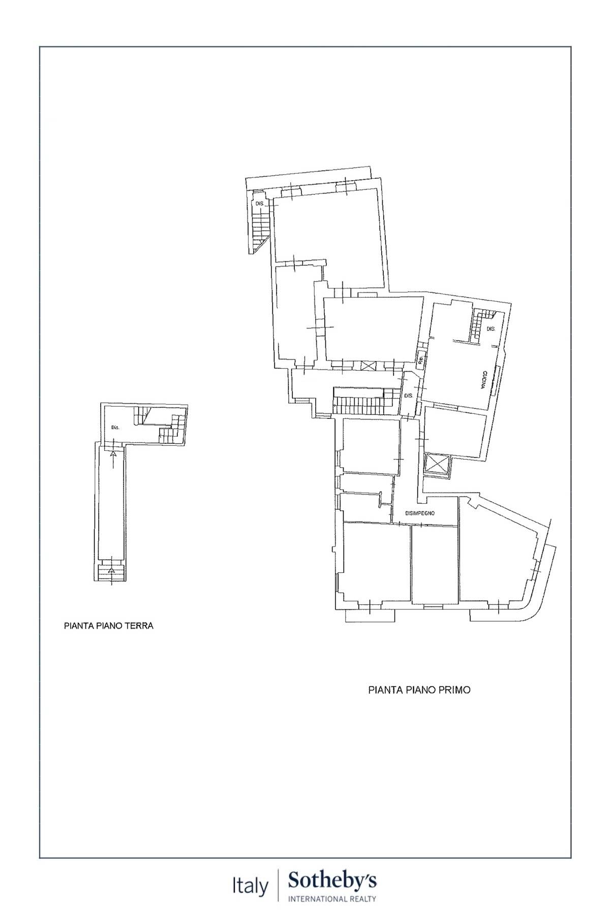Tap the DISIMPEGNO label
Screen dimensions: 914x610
tap(419, 513)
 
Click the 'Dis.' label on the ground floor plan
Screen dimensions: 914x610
tap(115, 428)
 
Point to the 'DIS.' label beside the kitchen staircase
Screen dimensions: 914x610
tap(491, 329)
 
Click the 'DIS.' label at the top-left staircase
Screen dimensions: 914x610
tap(260, 204)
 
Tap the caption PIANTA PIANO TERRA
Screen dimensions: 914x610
tap(108, 626)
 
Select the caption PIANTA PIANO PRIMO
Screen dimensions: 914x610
tap(419, 690)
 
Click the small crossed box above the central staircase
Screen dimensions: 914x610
tap(366, 365)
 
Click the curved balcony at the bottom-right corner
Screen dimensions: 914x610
tap(529, 609)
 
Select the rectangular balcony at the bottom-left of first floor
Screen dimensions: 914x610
tap(370, 615)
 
